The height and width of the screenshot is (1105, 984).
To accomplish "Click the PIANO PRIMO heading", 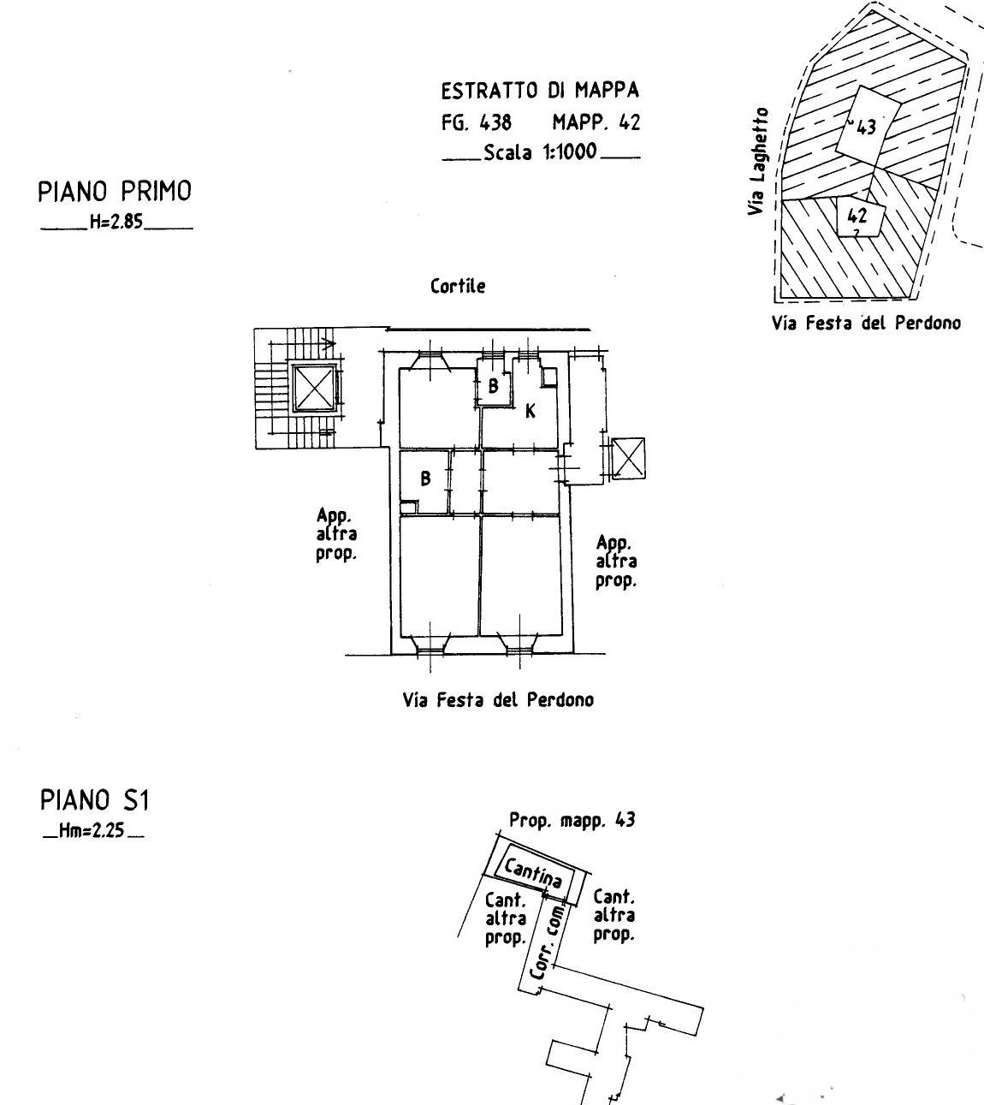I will pyautogui.click(x=115, y=191).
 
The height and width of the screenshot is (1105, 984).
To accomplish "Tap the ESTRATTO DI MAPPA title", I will pyautogui.click(x=540, y=91).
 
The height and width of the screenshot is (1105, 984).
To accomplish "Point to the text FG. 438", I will pyautogui.click(x=477, y=122).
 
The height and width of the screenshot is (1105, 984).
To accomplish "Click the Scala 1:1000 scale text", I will pyautogui.click(x=540, y=153).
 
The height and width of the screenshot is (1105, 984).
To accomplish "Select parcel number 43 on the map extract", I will pyautogui.click(x=866, y=128).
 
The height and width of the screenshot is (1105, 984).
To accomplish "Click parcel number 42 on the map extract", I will pyautogui.click(x=857, y=216).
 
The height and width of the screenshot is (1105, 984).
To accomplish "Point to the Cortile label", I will pyautogui.click(x=458, y=286).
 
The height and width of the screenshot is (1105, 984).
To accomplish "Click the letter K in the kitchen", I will pyautogui.click(x=530, y=412).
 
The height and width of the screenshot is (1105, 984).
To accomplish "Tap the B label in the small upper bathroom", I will pyautogui.click(x=493, y=387).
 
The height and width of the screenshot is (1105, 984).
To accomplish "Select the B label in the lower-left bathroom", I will pyautogui.click(x=425, y=479).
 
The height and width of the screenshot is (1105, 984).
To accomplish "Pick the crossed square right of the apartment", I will pyautogui.click(x=629, y=459).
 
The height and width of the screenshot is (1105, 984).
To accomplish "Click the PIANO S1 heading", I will pyautogui.click(x=95, y=801).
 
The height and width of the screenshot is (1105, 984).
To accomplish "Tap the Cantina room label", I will pyautogui.click(x=532, y=873).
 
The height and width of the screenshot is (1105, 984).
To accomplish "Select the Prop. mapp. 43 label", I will pyautogui.click(x=572, y=820).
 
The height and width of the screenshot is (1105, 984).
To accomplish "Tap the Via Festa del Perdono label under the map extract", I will pyautogui.click(x=866, y=324).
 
